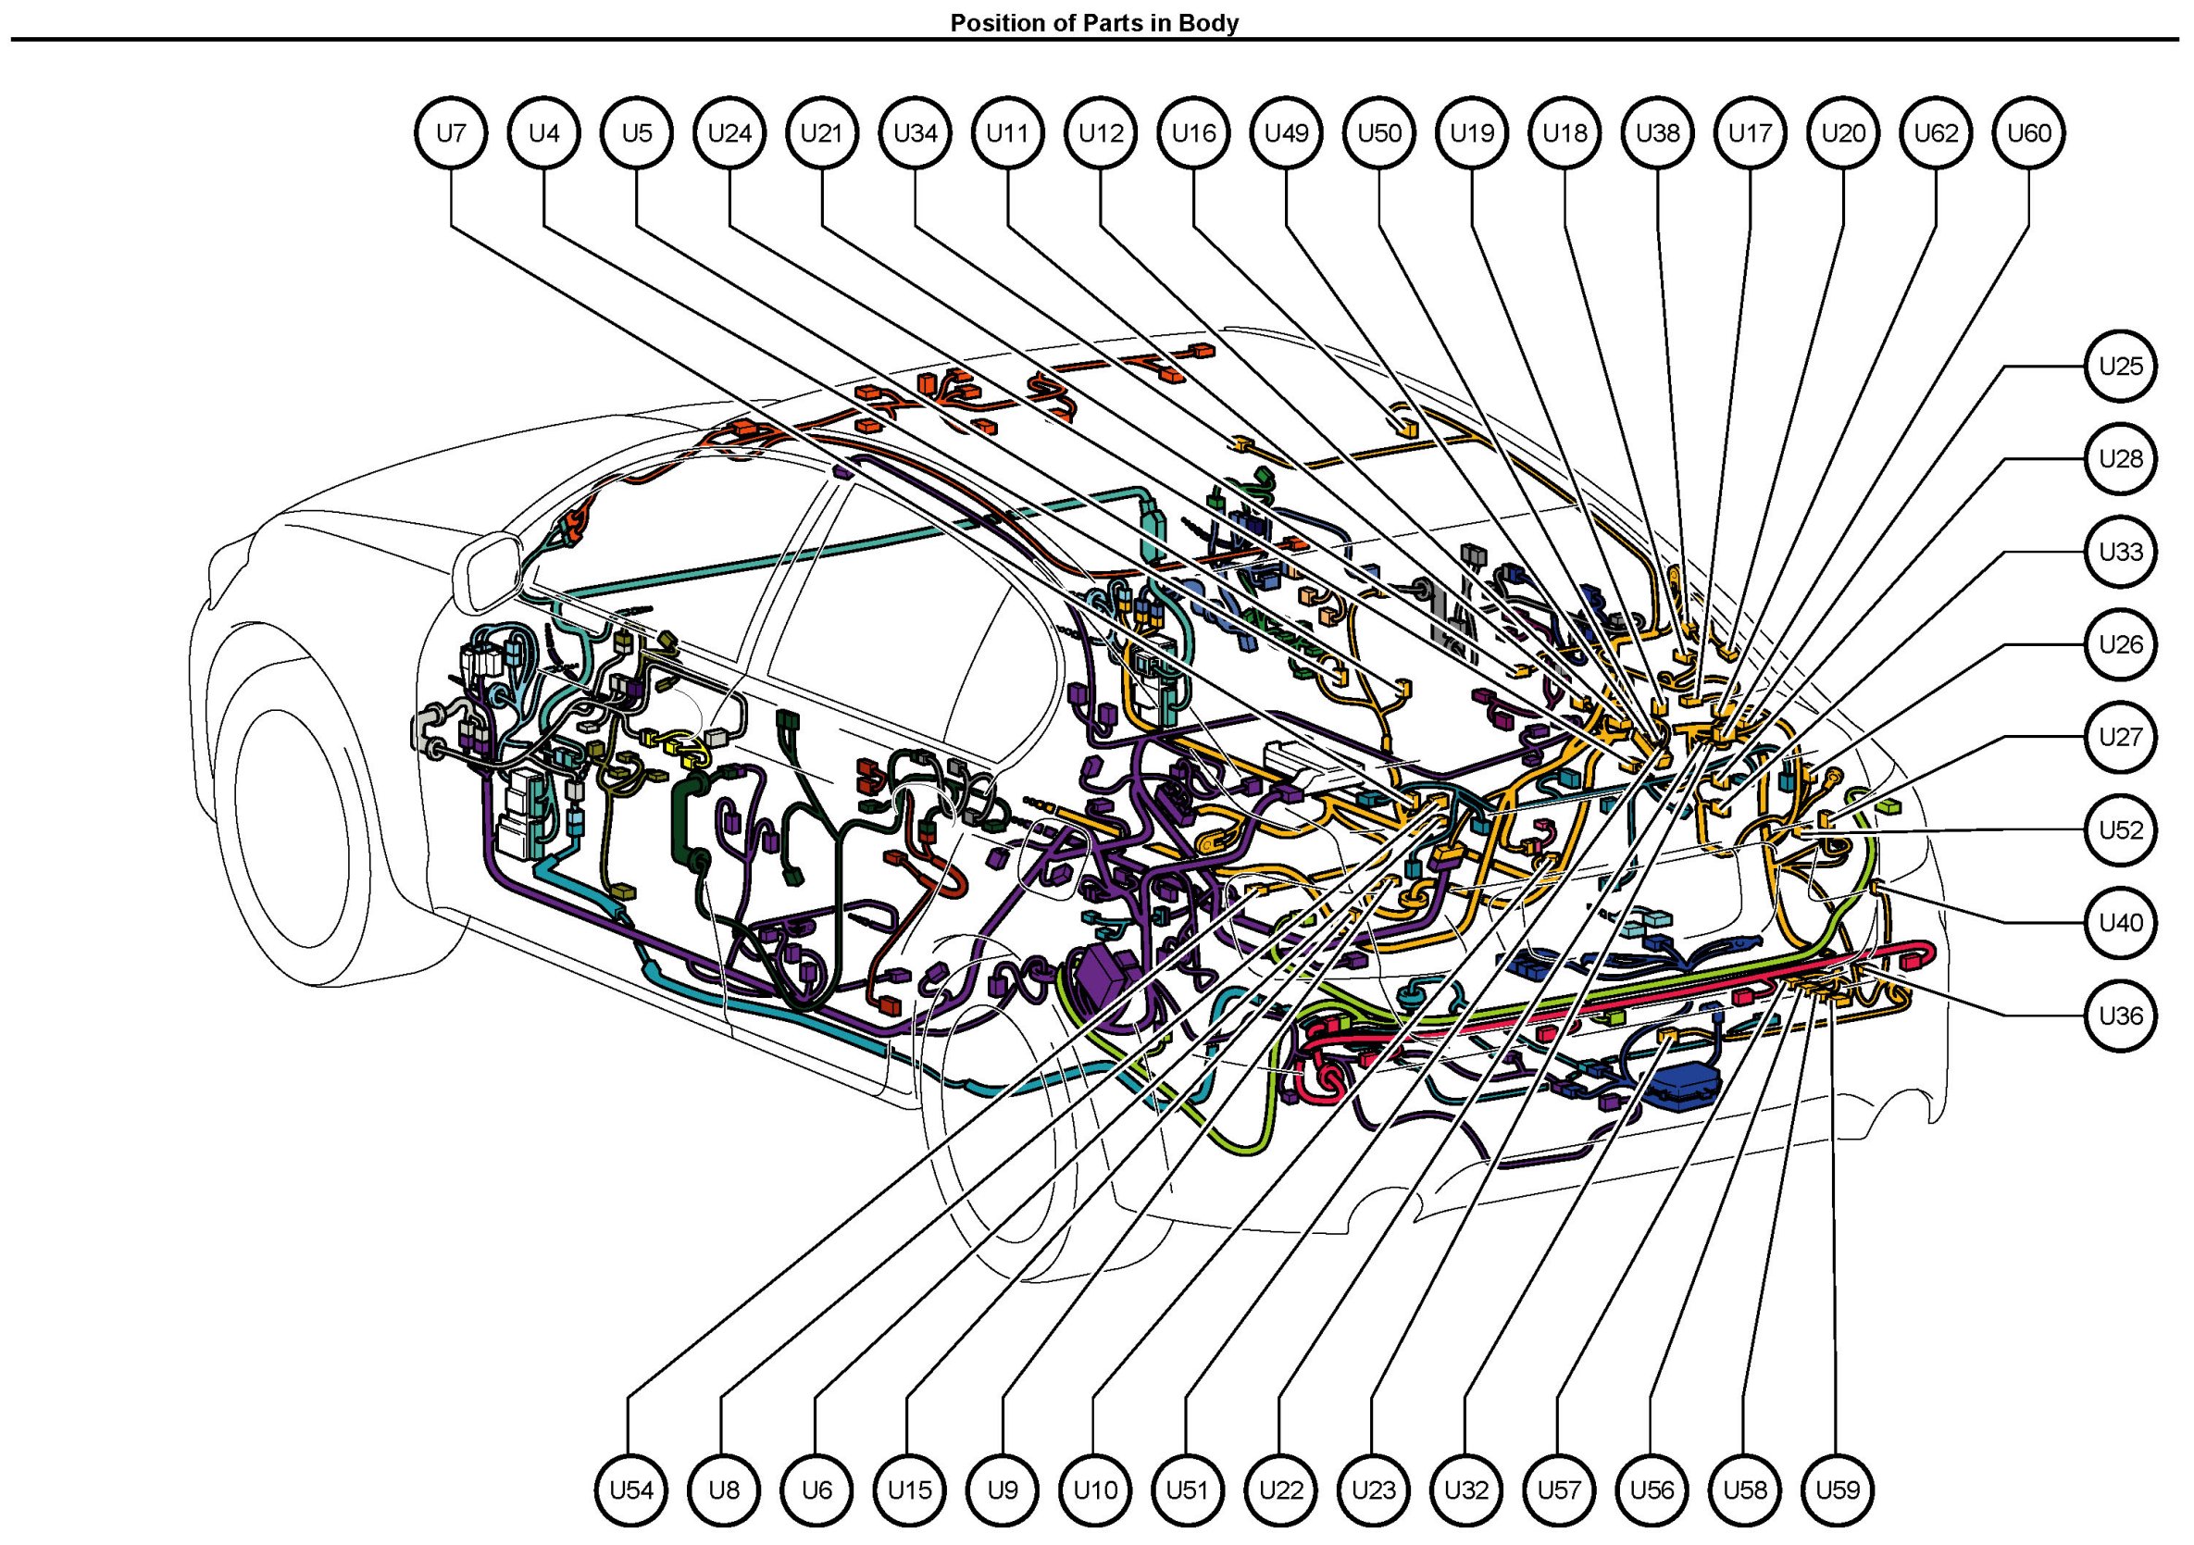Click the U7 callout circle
[x=451, y=132]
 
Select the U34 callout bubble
[x=916, y=132]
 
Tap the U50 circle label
[x=1379, y=132]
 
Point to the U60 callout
[x=2028, y=132]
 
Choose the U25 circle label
[x=2121, y=366]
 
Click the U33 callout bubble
[x=2121, y=553]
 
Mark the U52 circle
[x=2121, y=829]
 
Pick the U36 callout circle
[x=2121, y=1015]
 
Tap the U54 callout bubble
[x=631, y=1489]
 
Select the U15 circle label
[x=910, y=1489]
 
